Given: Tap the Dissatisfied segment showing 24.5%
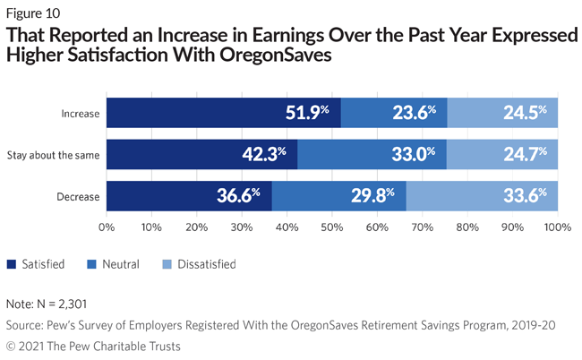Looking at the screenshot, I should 502,114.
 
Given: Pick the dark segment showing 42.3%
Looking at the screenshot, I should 202,154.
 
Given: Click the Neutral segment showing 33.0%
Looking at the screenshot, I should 372,154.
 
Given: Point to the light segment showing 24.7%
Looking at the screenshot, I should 502,154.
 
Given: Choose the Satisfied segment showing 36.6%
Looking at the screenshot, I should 189,194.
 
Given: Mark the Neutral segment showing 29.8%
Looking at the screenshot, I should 339,194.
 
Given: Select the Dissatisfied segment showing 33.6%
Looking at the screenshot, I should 483,194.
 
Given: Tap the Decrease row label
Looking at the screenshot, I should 77,194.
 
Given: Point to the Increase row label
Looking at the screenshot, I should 79,114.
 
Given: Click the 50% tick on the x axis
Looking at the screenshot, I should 332,227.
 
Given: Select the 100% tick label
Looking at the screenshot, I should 557,227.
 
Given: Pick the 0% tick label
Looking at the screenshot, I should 107,227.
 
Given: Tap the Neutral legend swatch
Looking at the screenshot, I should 89,264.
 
